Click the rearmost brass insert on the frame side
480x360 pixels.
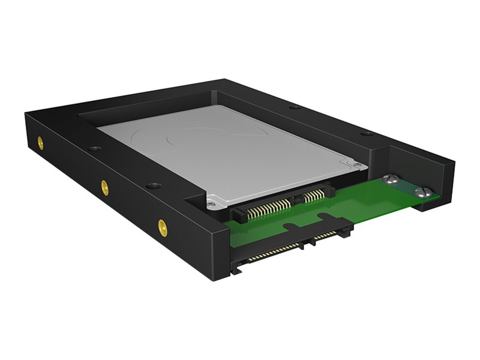coord(40,143)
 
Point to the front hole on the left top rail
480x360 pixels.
coord(153,187)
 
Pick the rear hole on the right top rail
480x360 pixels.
coord(293,108)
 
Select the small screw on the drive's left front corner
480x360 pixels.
coord(209,205)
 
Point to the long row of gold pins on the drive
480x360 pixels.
coord(263,208)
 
